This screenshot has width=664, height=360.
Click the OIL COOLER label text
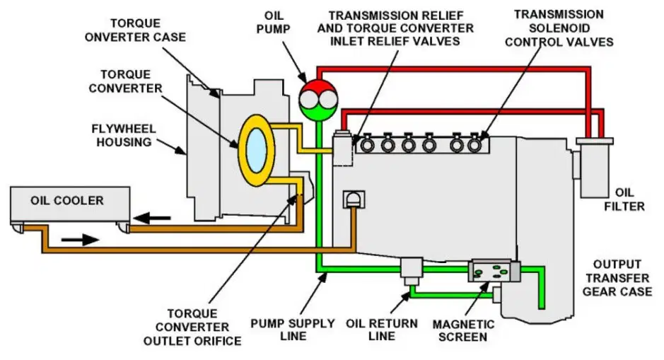[x=67, y=200]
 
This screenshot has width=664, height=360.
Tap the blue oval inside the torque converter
[x=256, y=151]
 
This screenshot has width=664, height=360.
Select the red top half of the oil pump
[x=318, y=88]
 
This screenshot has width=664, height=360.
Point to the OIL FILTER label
[x=624, y=199]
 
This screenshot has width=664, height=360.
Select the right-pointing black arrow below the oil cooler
[x=80, y=240]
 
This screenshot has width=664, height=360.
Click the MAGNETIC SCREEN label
[x=463, y=331]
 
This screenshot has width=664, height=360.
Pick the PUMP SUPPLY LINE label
[x=293, y=330]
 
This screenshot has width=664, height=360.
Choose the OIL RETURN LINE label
[x=382, y=330]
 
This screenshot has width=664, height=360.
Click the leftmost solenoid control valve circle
[x=367, y=145]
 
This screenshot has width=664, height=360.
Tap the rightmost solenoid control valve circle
[x=474, y=145]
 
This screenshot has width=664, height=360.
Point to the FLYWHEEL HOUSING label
[x=124, y=135]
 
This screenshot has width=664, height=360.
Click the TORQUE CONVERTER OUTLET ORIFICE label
[x=192, y=327]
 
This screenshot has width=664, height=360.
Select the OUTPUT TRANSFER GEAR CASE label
[x=617, y=278]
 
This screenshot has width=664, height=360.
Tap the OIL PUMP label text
[x=274, y=23]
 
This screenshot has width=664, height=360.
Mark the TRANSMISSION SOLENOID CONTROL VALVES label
[x=559, y=28]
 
